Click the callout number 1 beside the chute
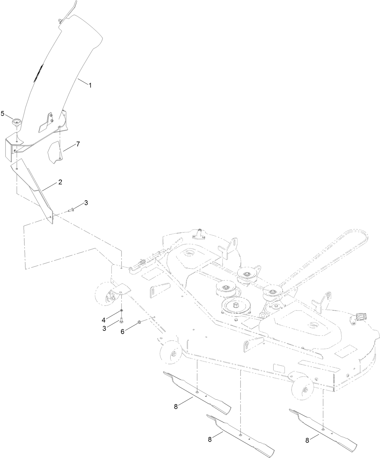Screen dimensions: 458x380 [90, 85]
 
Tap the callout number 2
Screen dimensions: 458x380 [60, 182]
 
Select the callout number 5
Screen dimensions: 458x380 [3, 113]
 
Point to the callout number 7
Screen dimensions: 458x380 [78, 144]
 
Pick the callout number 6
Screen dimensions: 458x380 [122, 332]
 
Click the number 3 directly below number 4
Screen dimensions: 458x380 [104, 328]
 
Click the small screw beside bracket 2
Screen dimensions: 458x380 [72, 209]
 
